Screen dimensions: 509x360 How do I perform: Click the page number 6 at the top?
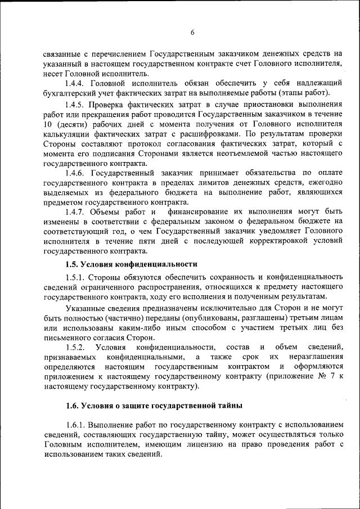(x=192, y=33)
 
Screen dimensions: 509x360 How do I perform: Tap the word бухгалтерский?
(x=70, y=93)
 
